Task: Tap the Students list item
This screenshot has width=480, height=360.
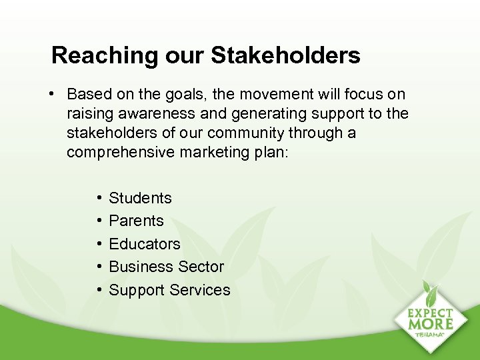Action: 140,198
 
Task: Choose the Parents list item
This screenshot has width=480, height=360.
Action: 136,221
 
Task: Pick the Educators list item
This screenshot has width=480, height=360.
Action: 144,244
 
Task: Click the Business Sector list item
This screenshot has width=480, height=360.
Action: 166,267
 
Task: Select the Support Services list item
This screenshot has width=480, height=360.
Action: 169,290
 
